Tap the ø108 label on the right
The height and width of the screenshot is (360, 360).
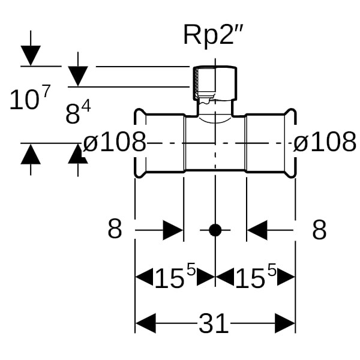tap(325, 143)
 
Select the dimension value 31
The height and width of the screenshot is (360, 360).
tap(214, 324)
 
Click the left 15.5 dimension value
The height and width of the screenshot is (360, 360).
tap(175, 277)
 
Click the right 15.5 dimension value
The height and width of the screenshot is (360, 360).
tap(255, 277)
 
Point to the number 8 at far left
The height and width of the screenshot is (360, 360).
tap(115, 229)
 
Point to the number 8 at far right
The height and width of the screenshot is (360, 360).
tap(319, 229)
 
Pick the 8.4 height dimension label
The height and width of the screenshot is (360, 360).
tap(77, 113)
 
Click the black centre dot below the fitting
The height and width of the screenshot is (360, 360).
tap(215, 229)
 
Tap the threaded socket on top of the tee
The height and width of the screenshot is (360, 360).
tap(214, 84)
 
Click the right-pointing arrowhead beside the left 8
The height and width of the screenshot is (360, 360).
tap(173, 229)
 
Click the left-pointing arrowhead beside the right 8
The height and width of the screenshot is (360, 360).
tap(257, 229)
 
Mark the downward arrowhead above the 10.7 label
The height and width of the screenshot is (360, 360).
tap(31, 56)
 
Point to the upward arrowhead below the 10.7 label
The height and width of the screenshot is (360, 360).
tap(31, 154)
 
